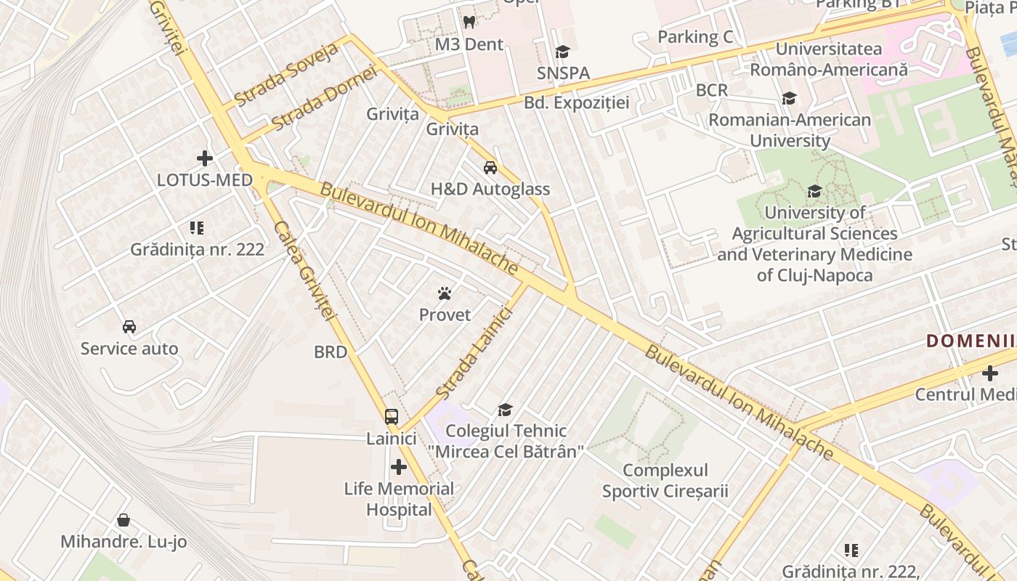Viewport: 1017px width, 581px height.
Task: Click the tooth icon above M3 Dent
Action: coord(469,23)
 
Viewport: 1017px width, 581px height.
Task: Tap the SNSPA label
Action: coord(563,73)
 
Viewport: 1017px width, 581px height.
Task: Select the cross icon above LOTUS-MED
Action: coord(205,158)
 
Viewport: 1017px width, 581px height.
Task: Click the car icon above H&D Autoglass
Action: coord(490,168)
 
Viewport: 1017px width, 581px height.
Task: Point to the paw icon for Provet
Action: coord(445,293)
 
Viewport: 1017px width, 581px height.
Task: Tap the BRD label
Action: coord(331,352)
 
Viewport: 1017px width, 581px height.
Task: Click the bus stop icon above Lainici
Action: coord(392,417)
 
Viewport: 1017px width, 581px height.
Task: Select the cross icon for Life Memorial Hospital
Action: coord(398,467)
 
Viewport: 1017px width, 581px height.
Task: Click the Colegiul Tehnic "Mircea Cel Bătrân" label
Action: coord(506,442)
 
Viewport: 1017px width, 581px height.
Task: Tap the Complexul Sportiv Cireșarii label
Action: coord(665,481)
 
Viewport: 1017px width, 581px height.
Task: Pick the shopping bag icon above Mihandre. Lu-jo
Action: coord(123,520)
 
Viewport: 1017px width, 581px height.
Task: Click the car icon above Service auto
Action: coord(129,327)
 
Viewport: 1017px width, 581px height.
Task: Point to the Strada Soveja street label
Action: coord(286,75)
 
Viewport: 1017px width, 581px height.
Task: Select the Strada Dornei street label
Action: coord(325,99)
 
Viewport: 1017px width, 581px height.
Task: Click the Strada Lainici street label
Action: coord(475,354)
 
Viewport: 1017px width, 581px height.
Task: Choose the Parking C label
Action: coord(695,37)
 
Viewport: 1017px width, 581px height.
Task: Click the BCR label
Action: coord(711,90)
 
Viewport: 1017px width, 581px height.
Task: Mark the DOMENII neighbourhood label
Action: coord(970,341)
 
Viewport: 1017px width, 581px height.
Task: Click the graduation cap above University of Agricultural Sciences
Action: coord(814,191)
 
